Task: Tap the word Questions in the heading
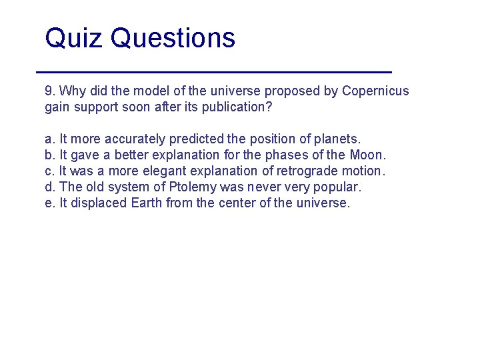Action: (x=173, y=39)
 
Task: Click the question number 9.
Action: (x=49, y=91)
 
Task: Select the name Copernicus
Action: (x=375, y=91)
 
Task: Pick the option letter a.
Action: (x=49, y=139)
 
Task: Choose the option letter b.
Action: (x=49, y=155)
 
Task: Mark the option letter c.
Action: (x=49, y=171)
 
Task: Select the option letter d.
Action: (x=49, y=187)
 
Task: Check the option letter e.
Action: (x=49, y=203)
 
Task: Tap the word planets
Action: (x=339, y=139)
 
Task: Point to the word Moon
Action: (x=367, y=155)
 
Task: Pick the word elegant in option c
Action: (x=162, y=171)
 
